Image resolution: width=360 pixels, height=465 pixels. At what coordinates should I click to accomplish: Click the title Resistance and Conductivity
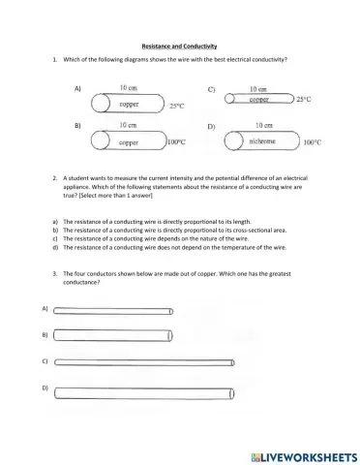(179, 46)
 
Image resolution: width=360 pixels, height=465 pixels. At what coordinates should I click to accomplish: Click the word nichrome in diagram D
(258, 141)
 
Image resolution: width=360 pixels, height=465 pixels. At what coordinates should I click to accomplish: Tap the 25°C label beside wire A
(176, 106)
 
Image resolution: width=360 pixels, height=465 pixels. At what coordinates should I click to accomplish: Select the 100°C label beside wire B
(176, 142)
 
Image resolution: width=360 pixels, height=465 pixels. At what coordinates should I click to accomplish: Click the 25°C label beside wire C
(303, 99)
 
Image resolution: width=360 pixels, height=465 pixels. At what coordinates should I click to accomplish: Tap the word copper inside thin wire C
(258, 99)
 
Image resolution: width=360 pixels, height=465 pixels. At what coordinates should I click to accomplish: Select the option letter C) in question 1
(211, 88)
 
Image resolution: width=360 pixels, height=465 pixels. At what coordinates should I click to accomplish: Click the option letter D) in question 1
(211, 127)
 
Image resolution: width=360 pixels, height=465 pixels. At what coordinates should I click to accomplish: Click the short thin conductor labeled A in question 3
(113, 311)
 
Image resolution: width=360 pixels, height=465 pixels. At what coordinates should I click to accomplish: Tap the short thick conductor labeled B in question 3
(113, 335)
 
